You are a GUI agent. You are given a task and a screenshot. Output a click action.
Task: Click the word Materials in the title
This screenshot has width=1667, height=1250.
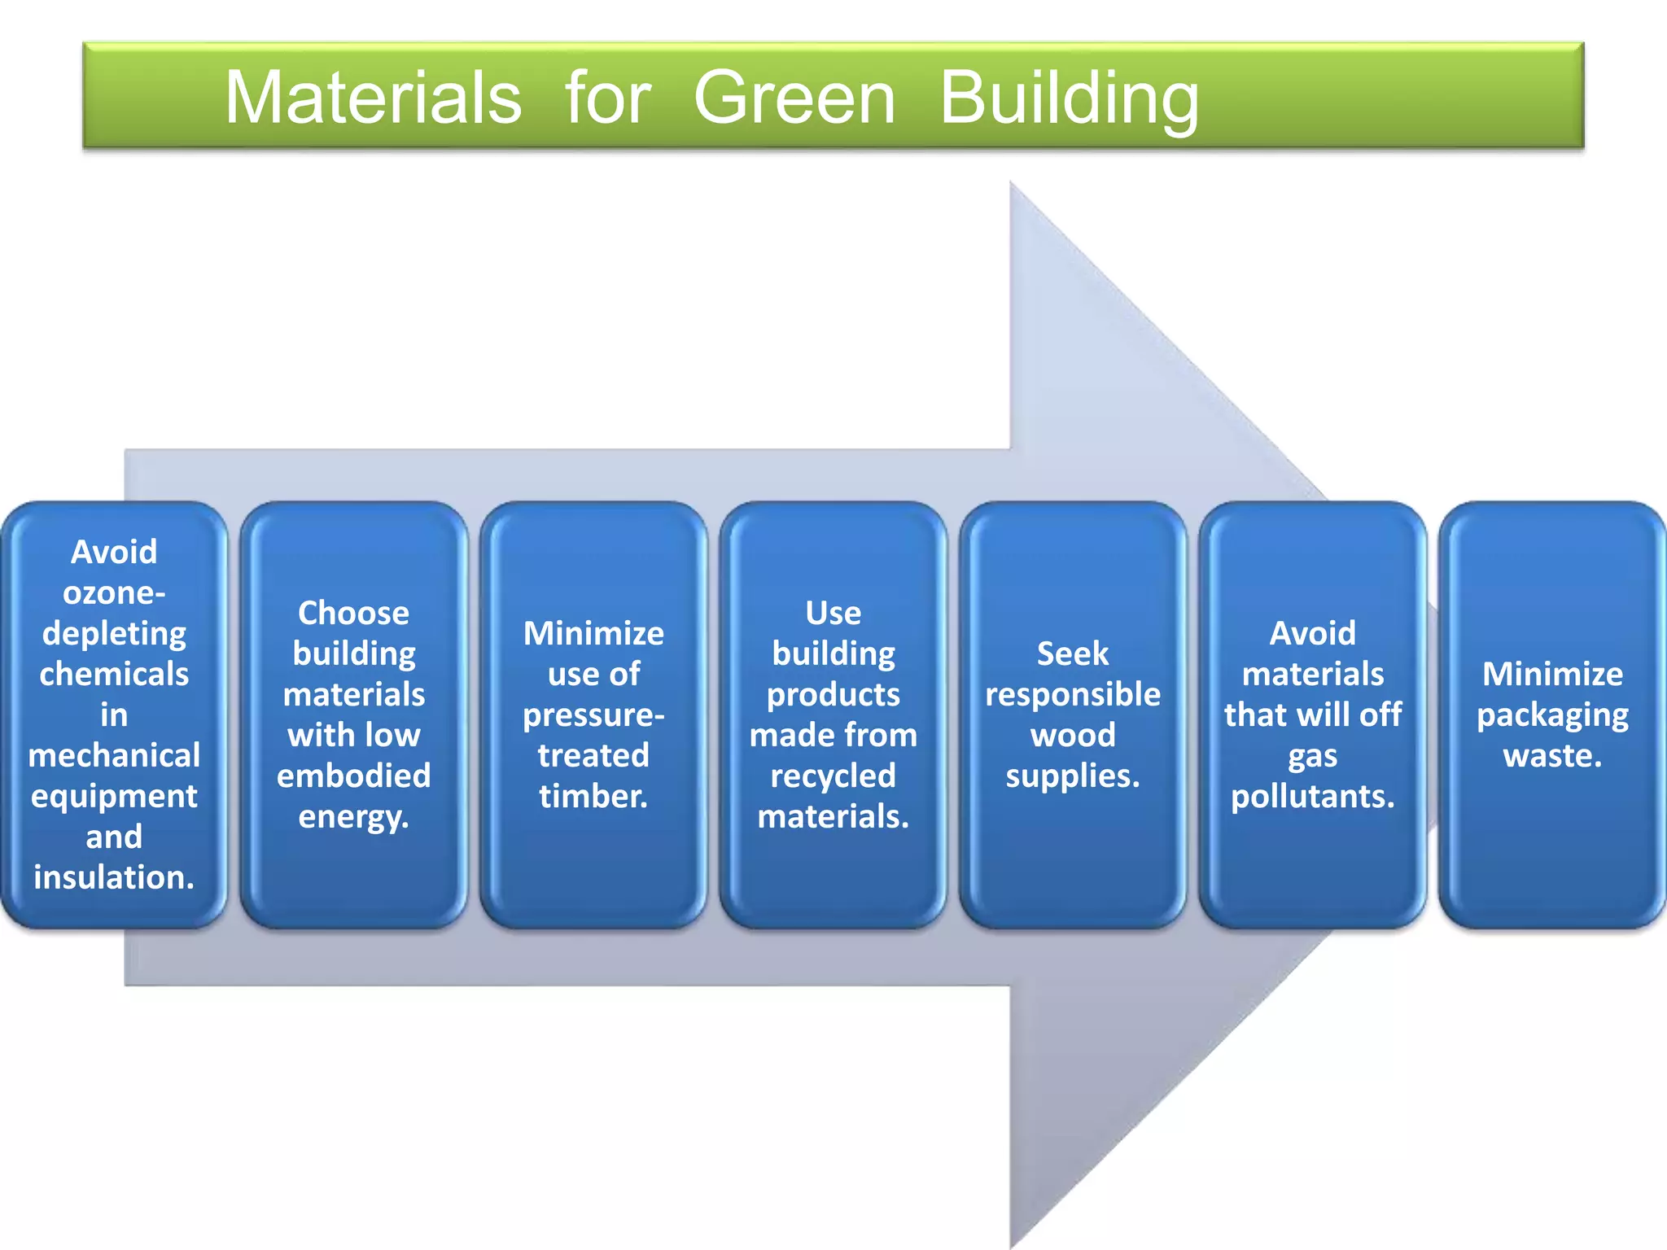373,97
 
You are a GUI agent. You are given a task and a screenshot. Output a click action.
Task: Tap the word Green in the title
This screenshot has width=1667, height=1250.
794,97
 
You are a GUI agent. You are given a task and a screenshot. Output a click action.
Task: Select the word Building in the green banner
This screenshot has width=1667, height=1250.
1069,98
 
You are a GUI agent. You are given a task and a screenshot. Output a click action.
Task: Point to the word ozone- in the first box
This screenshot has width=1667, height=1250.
114,592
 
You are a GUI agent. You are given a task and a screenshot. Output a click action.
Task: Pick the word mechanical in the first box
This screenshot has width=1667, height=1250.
114,755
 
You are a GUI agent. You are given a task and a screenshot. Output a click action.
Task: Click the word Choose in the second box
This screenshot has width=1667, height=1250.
353,613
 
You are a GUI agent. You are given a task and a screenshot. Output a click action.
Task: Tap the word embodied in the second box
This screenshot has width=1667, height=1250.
353,776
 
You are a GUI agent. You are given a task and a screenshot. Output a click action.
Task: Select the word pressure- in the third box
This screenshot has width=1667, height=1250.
593,715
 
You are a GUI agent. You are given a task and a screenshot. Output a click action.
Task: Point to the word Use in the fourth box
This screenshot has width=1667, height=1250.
833,613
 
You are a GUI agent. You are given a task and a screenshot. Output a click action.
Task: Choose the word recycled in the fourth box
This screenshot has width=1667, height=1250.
833,776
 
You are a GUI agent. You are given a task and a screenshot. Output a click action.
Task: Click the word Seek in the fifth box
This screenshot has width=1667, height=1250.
1072,653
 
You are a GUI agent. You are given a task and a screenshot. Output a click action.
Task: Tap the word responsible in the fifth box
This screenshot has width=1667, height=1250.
1072,694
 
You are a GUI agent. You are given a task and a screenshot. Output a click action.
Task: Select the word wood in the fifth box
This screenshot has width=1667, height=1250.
1072,735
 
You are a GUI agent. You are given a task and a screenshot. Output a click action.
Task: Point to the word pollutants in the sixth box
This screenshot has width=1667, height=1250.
1310,796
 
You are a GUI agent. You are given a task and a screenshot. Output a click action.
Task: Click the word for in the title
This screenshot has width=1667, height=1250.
607,97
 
